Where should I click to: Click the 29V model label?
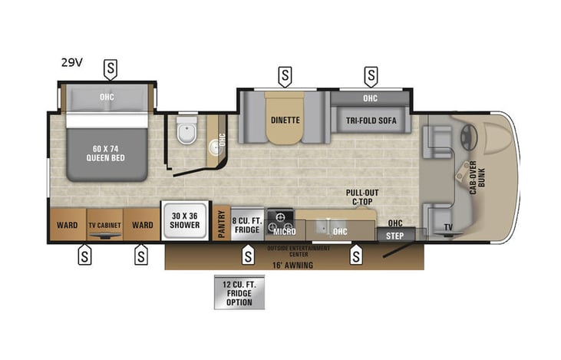(x=72, y=63)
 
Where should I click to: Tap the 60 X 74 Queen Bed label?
(x=107, y=154)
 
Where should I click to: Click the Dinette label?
(x=285, y=120)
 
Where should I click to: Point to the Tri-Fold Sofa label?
(x=370, y=120)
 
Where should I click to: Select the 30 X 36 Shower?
(x=184, y=220)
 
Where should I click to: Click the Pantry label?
(x=220, y=224)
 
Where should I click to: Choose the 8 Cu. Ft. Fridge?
(x=247, y=225)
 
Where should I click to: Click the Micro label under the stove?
(x=284, y=231)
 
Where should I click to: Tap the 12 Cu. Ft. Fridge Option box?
(x=239, y=292)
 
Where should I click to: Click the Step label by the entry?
(x=394, y=236)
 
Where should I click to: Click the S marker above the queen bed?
(x=111, y=70)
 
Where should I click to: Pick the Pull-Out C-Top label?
(x=362, y=197)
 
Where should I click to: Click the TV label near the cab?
(x=447, y=227)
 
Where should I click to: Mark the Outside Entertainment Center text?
(x=299, y=251)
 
